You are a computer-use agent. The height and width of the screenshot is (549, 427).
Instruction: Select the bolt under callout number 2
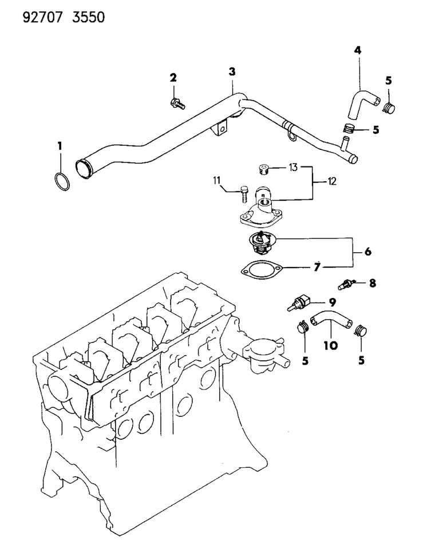tap(177, 104)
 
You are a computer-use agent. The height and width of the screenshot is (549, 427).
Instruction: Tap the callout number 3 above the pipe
tap(231, 71)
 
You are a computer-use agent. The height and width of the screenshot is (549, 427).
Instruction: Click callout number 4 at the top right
tap(357, 51)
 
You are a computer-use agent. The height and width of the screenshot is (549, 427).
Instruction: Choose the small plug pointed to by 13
tap(264, 169)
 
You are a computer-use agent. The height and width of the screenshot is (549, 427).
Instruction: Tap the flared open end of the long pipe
tap(84, 169)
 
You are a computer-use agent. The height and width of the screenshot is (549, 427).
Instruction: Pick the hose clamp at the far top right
tap(389, 106)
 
